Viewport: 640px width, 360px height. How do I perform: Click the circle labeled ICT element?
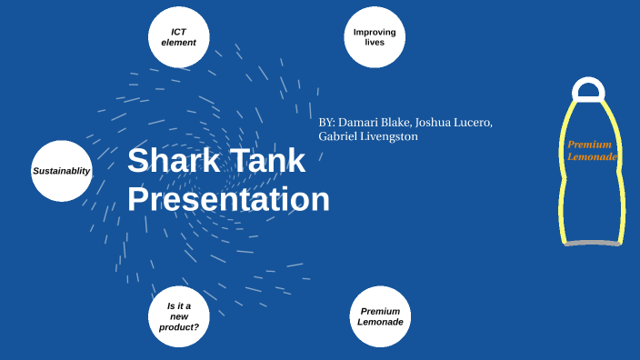click(x=179, y=37)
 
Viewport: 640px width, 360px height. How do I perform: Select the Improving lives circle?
click(x=375, y=37)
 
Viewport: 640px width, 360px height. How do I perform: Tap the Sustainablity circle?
click(x=62, y=171)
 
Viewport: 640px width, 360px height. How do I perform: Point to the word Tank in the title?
click(x=266, y=161)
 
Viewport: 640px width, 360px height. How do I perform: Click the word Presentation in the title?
click(x=228, y=199)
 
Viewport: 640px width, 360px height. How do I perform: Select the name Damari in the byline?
click(x=360, y=122)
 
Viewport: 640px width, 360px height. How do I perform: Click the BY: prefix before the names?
click(x=327, y=122)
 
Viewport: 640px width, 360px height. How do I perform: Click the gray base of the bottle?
click(x=592, y=244)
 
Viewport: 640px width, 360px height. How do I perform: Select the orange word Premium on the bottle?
click(x=589, y=145)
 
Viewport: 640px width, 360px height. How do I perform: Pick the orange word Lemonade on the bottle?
click(x=592, y=157)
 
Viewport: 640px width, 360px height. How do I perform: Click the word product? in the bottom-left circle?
click(x=178, y=326)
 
